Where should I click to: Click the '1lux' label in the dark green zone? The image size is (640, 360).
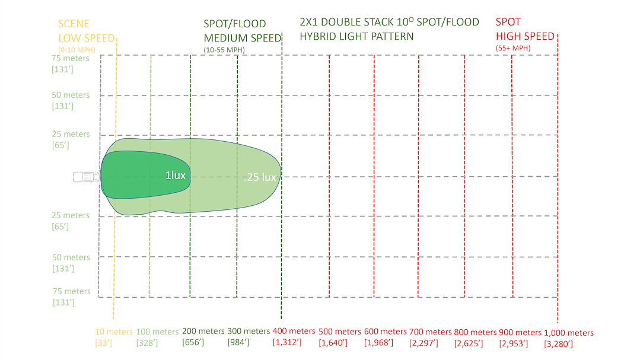click(x=175, y=176)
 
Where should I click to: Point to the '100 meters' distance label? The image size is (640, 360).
click(x=157, y=332)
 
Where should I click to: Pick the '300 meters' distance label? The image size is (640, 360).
click(x=249, y=331)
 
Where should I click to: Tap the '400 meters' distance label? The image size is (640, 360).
click(x=294, y=331)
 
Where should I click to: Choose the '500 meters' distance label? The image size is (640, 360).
click(x=340, y=332)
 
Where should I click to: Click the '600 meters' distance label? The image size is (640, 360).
click(x=386, y=332)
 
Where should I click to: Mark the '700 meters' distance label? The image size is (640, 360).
click(x=431, y=332)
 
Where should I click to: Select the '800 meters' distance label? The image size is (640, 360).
click(x=475, y=332)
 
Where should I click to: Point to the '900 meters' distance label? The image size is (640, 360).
click(x=520, y=332)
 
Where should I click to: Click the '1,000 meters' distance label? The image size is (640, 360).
click(x=568, y=333)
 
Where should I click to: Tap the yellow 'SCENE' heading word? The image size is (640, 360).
click(x=74, y=24)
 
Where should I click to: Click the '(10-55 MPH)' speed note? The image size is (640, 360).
click(x=224, y=49)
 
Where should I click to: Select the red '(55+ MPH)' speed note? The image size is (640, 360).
click(x=512, y=48)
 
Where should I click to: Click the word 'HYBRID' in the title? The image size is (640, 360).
click(x=319, y=36)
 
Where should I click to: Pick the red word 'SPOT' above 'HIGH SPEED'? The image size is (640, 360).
click(x=508, y=23)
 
